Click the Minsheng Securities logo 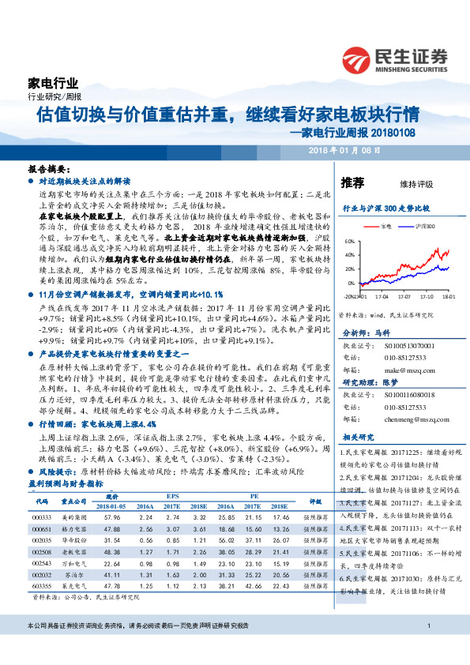[395, 58]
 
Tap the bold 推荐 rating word [353, 182]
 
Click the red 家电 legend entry [384, 225]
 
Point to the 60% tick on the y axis [350, 242]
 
